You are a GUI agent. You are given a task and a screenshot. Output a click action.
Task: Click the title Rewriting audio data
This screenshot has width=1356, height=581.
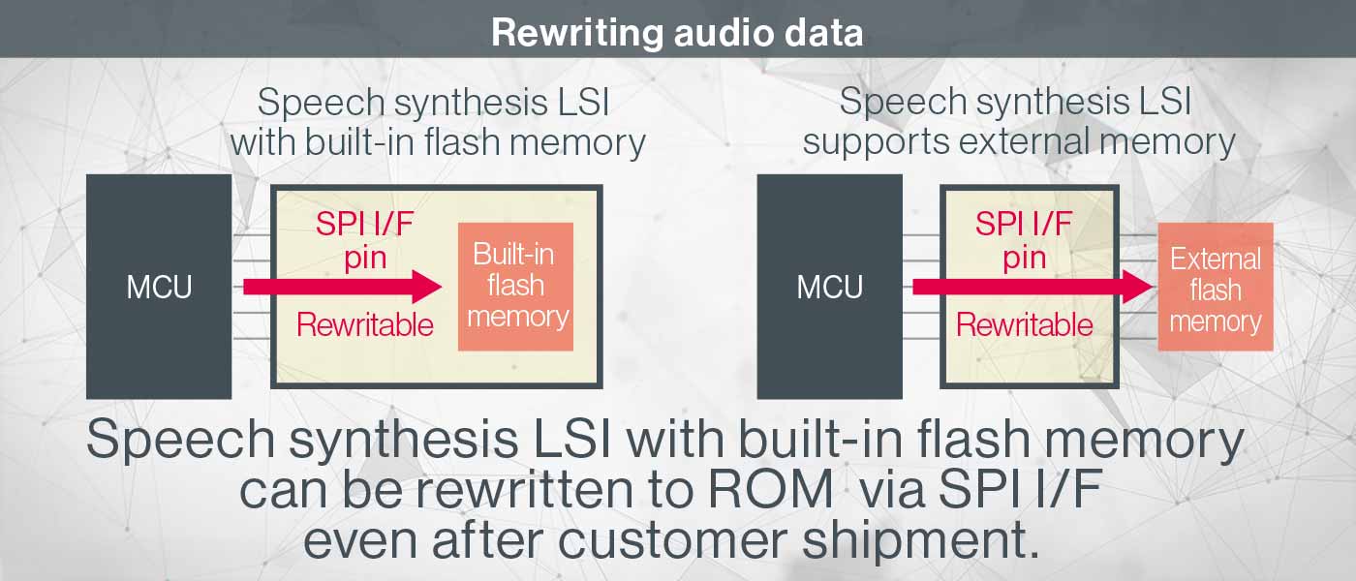[x=677, y=33]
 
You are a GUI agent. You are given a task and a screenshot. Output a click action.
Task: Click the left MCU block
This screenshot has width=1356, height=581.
[x=159, y=287]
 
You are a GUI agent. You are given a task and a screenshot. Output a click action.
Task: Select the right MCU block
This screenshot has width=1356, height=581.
[x=829, y=287]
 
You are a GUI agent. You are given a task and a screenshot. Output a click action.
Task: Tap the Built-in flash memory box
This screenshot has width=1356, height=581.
[x=515, y=287]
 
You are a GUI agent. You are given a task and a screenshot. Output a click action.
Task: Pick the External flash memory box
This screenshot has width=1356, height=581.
[x=1215, y=290]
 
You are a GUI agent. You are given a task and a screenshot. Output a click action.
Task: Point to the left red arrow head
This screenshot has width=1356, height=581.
[x=426, y=287]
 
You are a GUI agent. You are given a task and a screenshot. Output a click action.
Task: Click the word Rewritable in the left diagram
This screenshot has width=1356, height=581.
[x=364, y=324]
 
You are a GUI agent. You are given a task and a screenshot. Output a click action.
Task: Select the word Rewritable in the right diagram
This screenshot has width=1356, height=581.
[x=1024, y=324]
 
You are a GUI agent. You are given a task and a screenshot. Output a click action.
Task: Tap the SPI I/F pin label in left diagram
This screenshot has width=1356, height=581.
[x=364, y=240]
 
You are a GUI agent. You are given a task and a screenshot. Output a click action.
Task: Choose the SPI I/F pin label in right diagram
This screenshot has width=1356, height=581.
[x=1024, y=240]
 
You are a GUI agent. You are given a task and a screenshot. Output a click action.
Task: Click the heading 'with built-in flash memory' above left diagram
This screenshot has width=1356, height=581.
[x=438, y=142]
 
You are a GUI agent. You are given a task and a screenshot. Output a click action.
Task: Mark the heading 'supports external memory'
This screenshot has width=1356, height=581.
[x=1019, y=142]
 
